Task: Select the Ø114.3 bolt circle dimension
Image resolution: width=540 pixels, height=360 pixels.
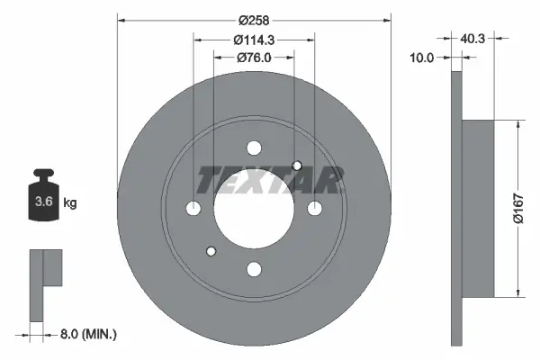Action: click(x=255, y=39)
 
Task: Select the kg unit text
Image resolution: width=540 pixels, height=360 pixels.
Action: click(x=70, y=203)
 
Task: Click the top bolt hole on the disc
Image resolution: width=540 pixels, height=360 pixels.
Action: click(x=254, y=148)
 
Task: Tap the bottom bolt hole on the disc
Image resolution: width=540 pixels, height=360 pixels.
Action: click(x=254, y=268)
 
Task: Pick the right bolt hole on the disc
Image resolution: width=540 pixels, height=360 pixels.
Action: click(x=314, y=209)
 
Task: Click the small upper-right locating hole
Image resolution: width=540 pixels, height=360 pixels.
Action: click(x=297, y=165)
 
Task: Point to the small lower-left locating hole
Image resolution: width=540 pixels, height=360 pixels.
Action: click(x=211, y=251)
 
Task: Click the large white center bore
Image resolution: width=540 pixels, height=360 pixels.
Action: click(x=254, y=209)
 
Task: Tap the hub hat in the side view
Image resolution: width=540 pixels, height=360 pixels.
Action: click(x=478, y=209)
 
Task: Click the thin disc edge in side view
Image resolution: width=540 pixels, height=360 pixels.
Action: click(x=456, y=209)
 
